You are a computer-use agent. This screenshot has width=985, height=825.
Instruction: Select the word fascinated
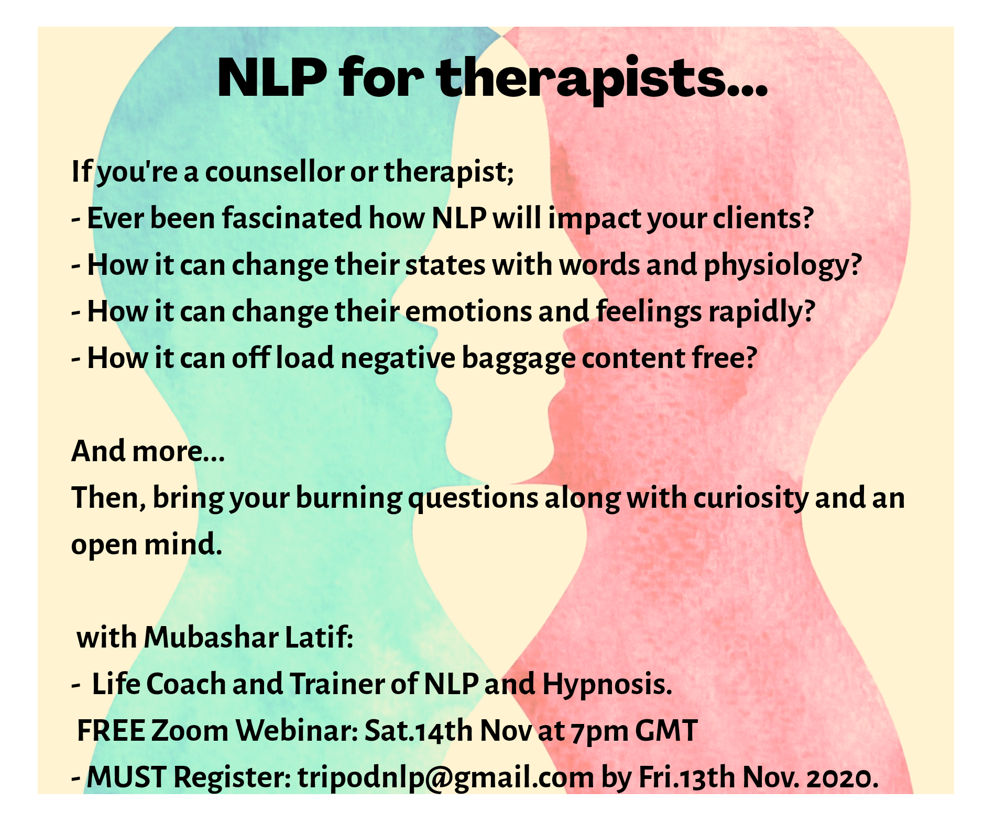point(292,218)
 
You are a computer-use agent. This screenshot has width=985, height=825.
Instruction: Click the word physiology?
point(783,265)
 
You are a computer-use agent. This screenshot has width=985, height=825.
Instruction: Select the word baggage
point(518,359)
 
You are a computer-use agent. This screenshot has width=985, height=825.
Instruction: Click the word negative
point(398,358)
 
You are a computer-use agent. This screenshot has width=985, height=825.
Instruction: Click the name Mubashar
point(211,638)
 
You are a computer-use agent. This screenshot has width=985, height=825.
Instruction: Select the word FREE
point(111,731)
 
